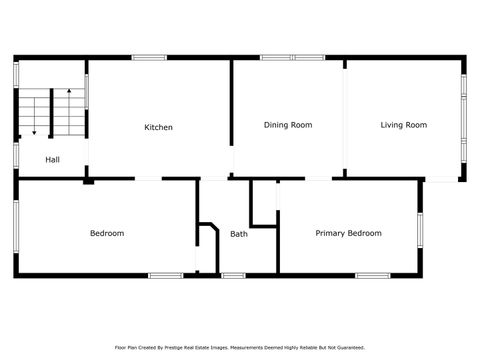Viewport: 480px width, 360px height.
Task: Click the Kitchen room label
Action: (x=158, y=127)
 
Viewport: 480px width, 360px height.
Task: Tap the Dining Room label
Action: (x=288, y=125)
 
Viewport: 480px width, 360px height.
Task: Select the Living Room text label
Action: (x=403, y=125)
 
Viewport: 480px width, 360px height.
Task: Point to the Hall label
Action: (x=52, y=159)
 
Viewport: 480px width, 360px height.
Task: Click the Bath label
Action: (x=238, y=234)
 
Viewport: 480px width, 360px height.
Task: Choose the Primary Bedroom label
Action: (x=348, y=233)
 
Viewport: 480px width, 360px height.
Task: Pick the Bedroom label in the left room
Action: (x=107, y=233)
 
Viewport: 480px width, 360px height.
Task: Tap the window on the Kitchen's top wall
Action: (x=149, y=58)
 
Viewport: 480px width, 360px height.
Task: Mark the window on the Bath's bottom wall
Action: (x=233, y=275)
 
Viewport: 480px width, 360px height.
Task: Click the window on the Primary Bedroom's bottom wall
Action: (x=372, y=275)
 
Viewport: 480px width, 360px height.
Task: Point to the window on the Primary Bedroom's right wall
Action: (x=420, y=229)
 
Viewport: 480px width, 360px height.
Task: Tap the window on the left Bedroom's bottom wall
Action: (x=165, y=275)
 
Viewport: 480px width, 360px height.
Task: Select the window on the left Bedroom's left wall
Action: (x=16, y=228)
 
